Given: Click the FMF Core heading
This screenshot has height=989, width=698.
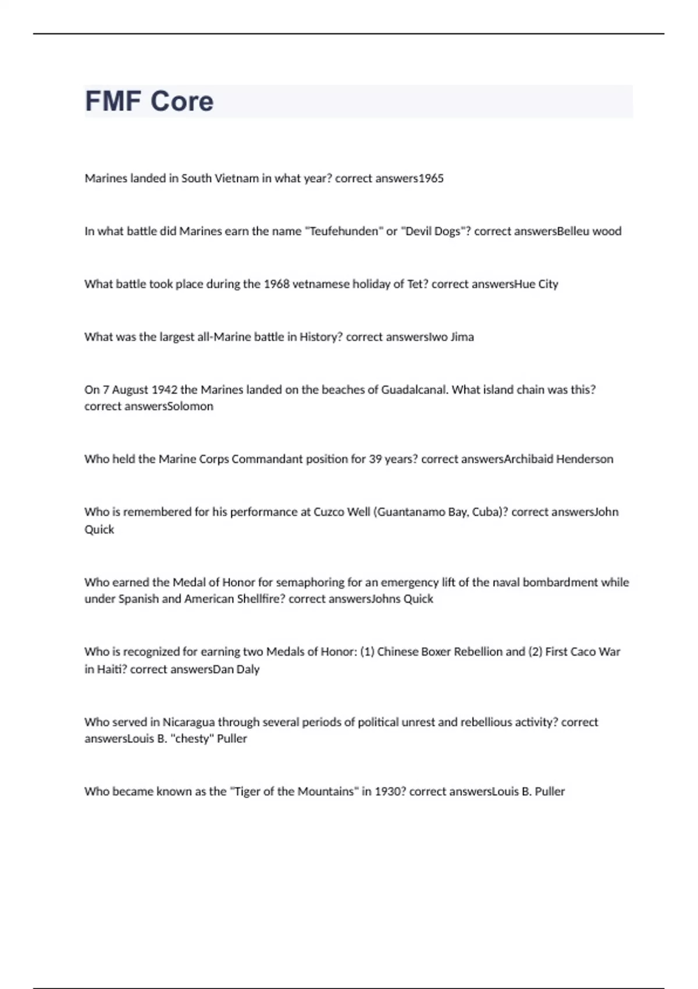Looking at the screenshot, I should coord(149,101).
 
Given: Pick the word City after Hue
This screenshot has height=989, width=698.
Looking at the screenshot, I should coord(548,284).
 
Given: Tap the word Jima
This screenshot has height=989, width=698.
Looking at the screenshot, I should coord(462,337).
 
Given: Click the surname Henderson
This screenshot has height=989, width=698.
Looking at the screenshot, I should coord(584,459).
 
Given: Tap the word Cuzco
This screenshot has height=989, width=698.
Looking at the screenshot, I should coord(328,512).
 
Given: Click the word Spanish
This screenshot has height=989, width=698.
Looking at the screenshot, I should coord(138,599).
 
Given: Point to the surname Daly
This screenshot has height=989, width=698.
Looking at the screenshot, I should coord(248,669).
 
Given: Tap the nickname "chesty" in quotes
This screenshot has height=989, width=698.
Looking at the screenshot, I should coord(193,739).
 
